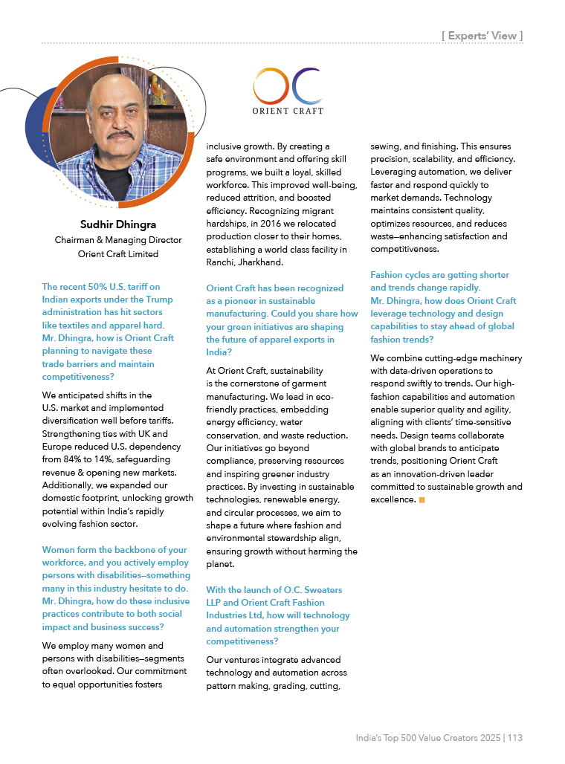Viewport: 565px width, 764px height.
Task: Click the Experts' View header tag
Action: coord(482,35)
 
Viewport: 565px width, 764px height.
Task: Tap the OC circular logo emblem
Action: coord(287,86)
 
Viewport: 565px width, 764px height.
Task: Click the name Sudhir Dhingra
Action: coord(118,224)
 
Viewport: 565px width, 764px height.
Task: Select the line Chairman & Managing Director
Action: coord(118,240)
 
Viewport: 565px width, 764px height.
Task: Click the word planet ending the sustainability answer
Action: coord(221,564)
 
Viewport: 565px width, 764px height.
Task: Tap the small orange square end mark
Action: coord(422,499)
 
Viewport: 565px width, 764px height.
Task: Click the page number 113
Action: coord(515,738)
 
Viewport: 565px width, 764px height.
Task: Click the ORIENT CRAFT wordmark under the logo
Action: coord(287,111)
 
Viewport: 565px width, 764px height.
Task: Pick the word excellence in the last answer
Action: coord(392,499)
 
